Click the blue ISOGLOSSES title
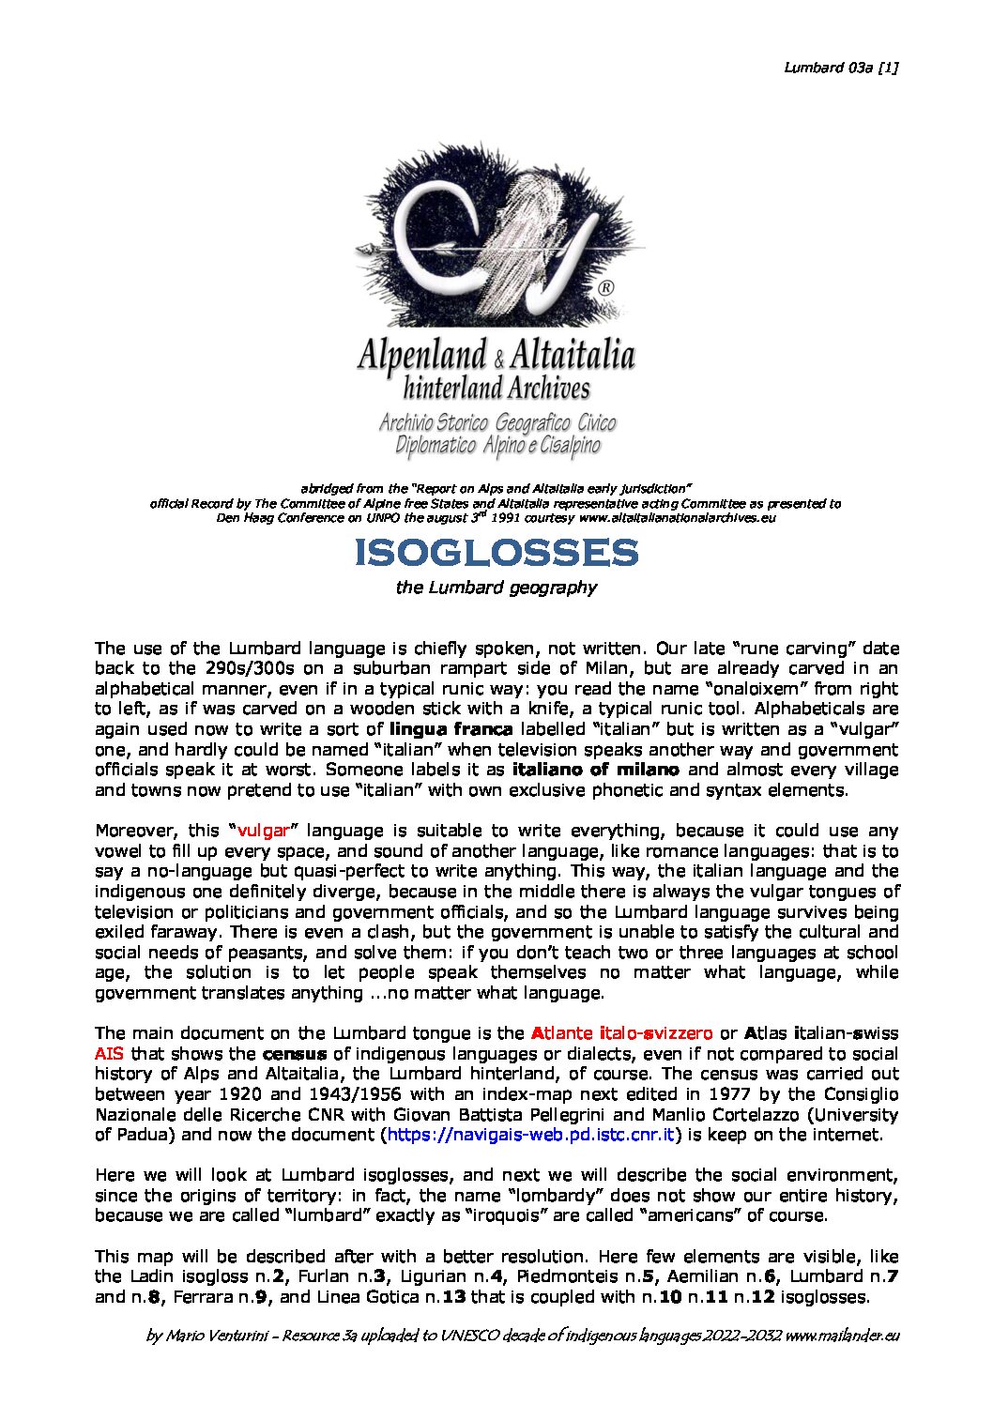pyautogui.click(x=496, y=553)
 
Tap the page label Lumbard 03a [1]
pyautogui.click(x=841, y=67)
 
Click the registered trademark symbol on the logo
pyautogui.click(x=606, y=287)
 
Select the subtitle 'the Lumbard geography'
pyautogui.click(x=496, y=588)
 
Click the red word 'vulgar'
pyautogui.click(x=263, y=831)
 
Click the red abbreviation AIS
pyautogui.click(x=109, y=1054)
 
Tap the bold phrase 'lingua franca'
pyautogui.click(x=451, y=729)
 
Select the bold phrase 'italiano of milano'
pyautogui.click(x=595, y=770)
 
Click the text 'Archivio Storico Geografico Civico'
pyautogui.click(x=496, y=422)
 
